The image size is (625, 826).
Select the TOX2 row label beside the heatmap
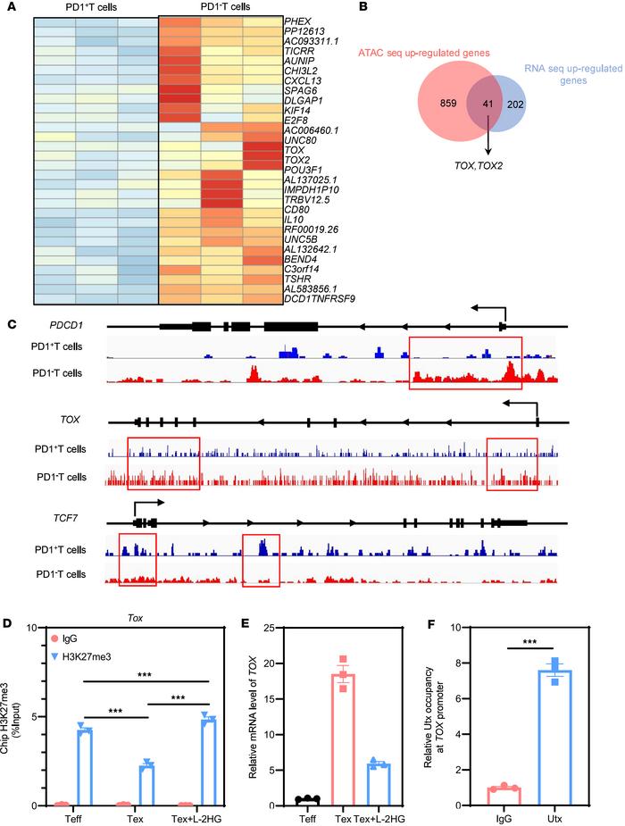click(x=297, y=161)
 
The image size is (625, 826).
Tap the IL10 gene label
click(x=293, y=217)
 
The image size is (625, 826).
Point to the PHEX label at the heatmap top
click(x=298, y=21)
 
